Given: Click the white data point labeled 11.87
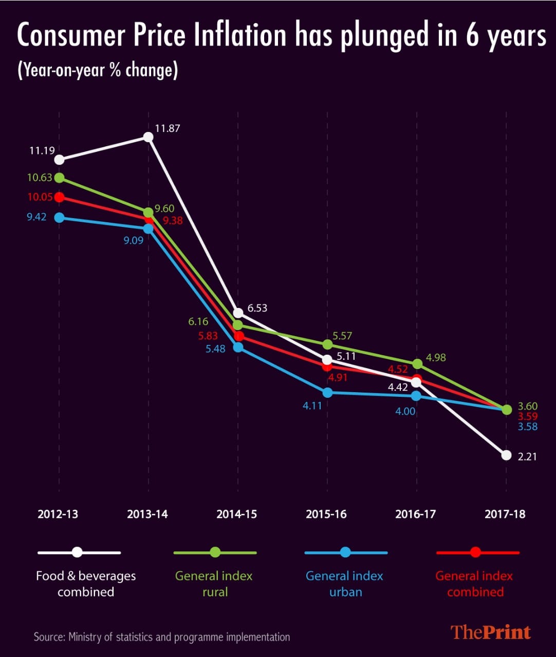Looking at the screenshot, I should pyautogui.click(x=148, y=137).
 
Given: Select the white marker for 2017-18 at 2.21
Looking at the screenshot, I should pyautogui.click(x=506, y=455).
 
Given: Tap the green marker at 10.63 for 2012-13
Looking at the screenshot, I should pyautogui.click(x=59, y=178).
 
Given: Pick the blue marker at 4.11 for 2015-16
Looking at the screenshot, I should pyautogui.click(x=327, y=393).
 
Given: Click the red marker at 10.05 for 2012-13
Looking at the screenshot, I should pyautogui.click(x=59, y=197).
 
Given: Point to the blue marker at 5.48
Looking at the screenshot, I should pyautogui.click(x=238, y=347).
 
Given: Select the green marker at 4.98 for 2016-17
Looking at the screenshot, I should pyautogui.click(x=417, y=363).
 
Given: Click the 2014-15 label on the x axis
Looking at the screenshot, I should pyautogui.click(x=236, y=514).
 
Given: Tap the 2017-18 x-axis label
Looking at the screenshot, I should pyautogui.click(x=505, y=514).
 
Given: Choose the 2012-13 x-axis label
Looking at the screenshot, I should pyautogui.click(x=58, y=514).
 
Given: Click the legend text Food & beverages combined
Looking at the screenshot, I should pyautogui.click(x=86, y=584).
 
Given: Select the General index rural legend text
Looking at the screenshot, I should pyautogui.click(x=214, y=584).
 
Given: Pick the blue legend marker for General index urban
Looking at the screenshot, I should pyautogui.click(x=345, y=552).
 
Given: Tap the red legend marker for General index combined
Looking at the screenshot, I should pyautogui.click(x=475, y=552).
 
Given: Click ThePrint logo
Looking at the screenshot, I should pyautogui.click(x=490, y=632).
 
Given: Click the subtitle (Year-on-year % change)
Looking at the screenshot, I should pyautogui.click(x=98, y=70).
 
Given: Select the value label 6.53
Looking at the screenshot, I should pyautogui.click(x=257, y=308).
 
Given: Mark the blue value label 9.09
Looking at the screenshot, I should pyautogui.click(x=133, y=240).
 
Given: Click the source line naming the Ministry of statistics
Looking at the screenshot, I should pyautogui.click(x=161, y=637).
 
